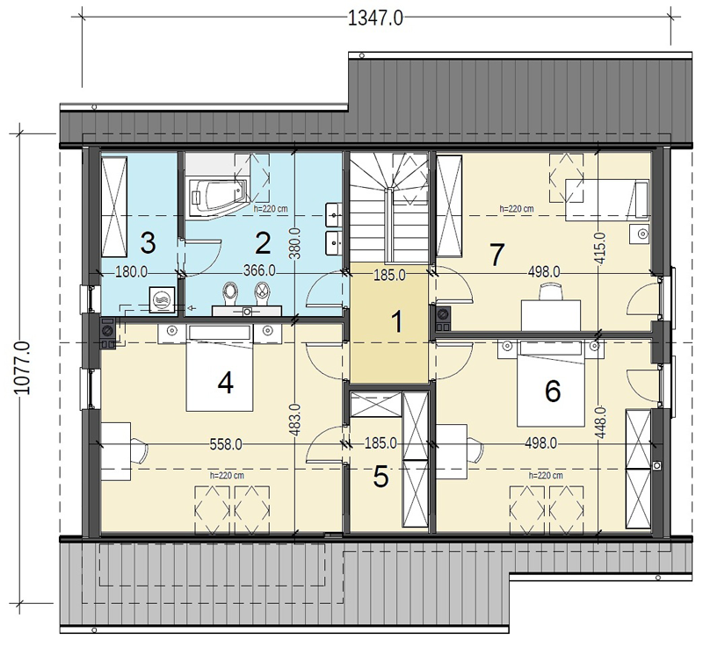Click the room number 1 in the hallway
pos(397,322)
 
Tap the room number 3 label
pos(148,242)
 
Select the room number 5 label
pos(380,477)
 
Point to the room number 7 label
pos(496,255)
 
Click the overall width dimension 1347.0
pos(375,18)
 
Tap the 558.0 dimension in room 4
pos(226,444)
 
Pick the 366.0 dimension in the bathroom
pos(259,271)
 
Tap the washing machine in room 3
pos(162,298)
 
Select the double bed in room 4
pos(219,368)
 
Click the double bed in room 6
pos(551,383)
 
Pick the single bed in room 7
pos(607,200)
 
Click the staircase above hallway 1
pos(388,208)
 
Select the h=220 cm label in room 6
pos(546,475)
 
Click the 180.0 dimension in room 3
pos(131,272)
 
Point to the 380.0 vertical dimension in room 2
pos(294,243)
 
